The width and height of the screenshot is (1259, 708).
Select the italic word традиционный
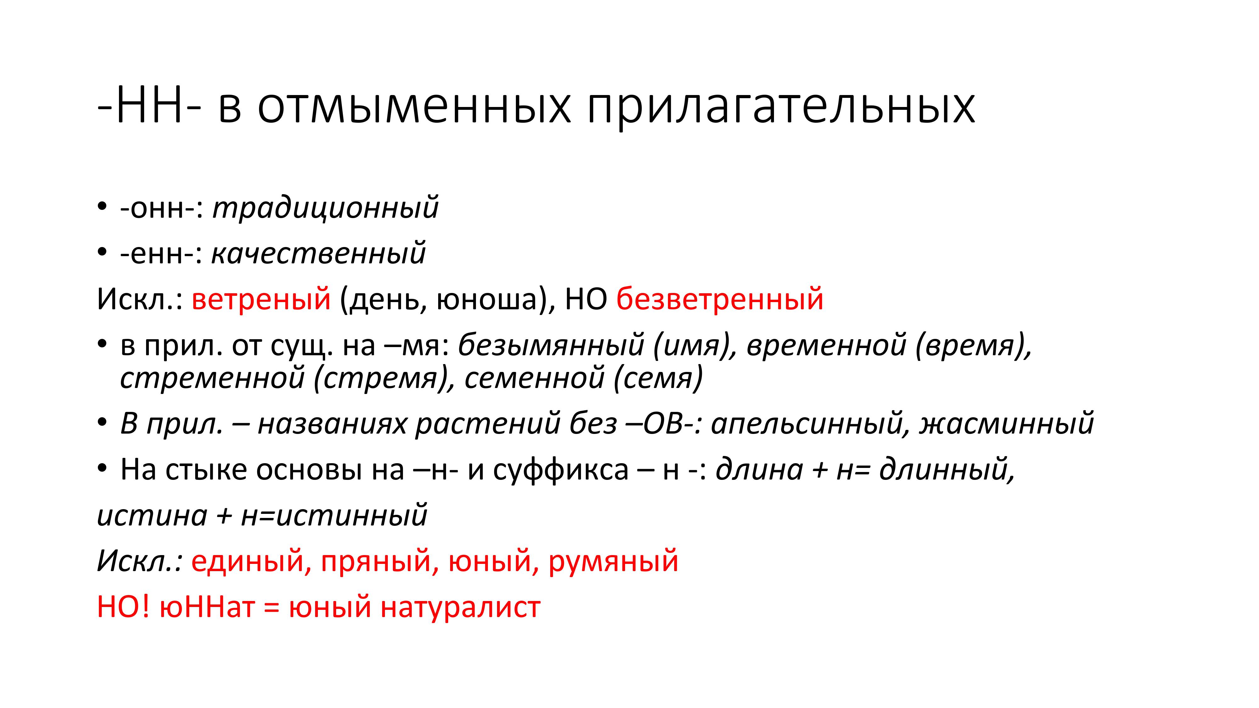pos(325,208)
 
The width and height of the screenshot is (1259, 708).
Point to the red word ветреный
pos(261,299)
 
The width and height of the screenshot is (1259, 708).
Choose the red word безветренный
pos(720,299)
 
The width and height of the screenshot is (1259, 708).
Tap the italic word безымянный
pos(551,345)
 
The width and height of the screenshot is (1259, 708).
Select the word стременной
pos(212,377)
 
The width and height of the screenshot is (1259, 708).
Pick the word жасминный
pos(1007,423)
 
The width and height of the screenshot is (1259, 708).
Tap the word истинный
pos(352,515)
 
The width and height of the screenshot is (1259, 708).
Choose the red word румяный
pos(613,561)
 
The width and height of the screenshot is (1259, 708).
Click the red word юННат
pos(207,607)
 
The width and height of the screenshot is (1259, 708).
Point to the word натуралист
pos(460,607)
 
